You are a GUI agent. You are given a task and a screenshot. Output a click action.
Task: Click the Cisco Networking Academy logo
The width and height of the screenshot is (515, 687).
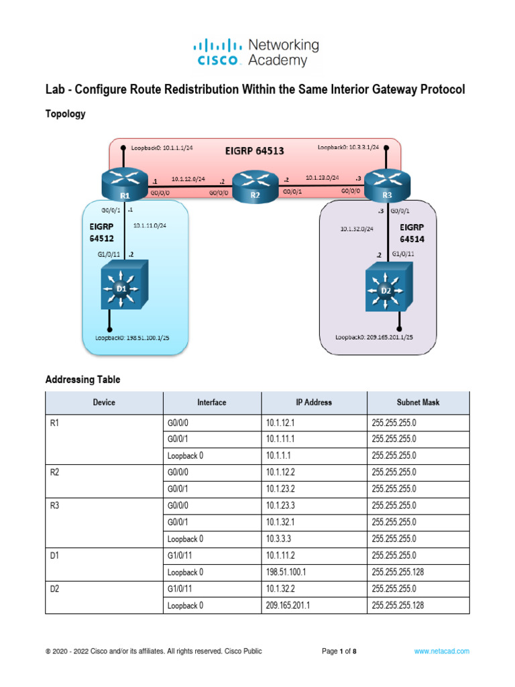pos(256,53)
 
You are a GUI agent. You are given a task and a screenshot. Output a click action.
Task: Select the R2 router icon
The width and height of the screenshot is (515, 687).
pos(255,187)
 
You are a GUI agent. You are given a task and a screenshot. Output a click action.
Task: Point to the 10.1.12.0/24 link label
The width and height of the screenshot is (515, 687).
pos(188,180)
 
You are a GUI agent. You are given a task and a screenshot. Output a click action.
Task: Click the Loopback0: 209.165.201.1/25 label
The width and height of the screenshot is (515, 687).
pos(375,337)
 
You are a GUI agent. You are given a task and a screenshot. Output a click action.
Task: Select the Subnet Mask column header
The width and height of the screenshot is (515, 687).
pos(418,403)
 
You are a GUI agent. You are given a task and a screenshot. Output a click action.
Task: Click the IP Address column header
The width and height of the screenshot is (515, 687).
pos(314,403)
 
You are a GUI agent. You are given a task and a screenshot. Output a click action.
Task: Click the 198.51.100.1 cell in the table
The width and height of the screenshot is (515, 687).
pos(287,572)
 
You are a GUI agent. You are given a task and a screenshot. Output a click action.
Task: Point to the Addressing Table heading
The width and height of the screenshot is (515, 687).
pos(82,380)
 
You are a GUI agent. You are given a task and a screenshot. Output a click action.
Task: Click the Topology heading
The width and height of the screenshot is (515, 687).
pos(65,114)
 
